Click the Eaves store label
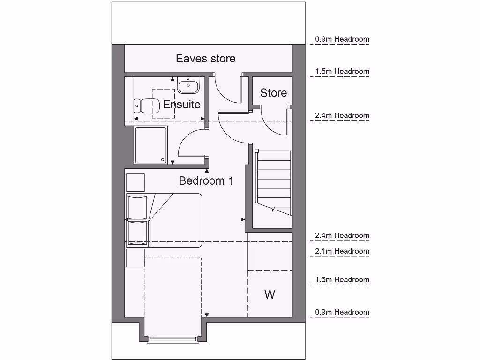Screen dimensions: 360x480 pyautogui.click(x=205, y=59)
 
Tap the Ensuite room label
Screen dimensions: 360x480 pyautogui.click(x=182, y=105)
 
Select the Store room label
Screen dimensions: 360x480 pyautogui.click(x=273, y=93)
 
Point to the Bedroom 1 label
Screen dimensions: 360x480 pyautogui.click(x=206, y=180)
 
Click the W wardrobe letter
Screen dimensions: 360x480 pyautogui.click(x=270, y=294)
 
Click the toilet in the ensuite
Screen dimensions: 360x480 pyautogui.click(x=144, y=106)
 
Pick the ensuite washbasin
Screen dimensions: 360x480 pyautogui.click(x=188, y=86)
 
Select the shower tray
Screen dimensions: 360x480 pyautogui.click(x=150, y=145)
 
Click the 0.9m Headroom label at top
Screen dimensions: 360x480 pyautogui.click(x=342, y=39)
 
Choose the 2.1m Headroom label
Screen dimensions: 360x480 pyautogui.click(x=342, y=251)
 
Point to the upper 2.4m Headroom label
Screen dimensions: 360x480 pyautogui.click(x=342, y=115)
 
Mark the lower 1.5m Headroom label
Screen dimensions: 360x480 pyautogui.click(x=342, y=280)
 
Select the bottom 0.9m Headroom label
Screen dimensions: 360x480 pyautogui.click(x=342, y=312)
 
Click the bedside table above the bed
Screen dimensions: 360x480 pyautogui.click(x=135, y=182)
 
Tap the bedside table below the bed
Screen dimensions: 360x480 pyautogui.click(x=135, y=257)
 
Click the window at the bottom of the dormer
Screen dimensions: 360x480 pyautogui.click(x=174, y=340)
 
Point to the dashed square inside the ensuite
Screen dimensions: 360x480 pyautogui.click(x=163, y=103)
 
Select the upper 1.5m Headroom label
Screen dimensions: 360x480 pyautogui.click(x=342, y=72)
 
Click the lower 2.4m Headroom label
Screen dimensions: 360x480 pyautogui.click(x=342, y=235)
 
